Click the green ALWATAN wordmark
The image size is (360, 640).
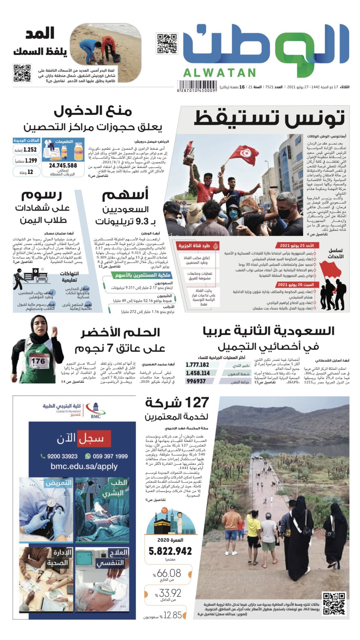pos(219,73)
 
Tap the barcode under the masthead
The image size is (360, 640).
pos(197,86)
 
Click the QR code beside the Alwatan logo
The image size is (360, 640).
pos(167,43)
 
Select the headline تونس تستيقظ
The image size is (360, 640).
pos(269,117)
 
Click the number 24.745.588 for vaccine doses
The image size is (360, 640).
pos(63,166)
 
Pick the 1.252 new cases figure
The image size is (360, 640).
pos(30,150)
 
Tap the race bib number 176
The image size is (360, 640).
pos(38,361)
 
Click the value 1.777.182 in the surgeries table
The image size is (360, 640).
pos(197,365)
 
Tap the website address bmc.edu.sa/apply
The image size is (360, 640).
pos(84,466)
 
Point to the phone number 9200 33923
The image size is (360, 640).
pos(62,456)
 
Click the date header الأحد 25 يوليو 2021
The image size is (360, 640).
pos(297,246)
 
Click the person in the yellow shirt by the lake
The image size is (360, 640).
pos(253,535)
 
